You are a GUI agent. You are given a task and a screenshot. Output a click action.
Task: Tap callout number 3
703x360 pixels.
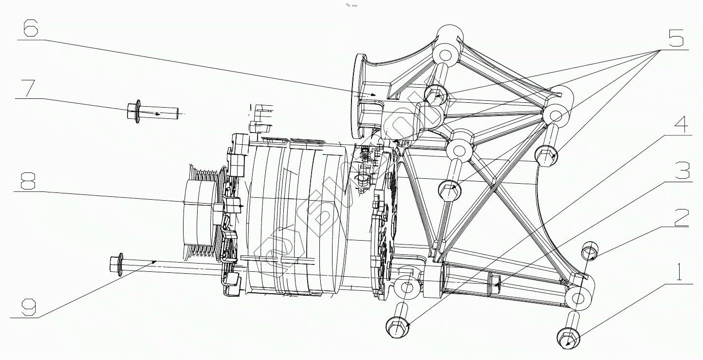click(681, 171)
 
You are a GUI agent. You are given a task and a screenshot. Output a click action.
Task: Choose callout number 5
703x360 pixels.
click(676, 38)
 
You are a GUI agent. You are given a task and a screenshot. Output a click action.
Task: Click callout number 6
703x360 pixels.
click(30, 29)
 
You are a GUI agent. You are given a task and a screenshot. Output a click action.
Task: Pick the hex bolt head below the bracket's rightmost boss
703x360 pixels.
click(547, 156)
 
